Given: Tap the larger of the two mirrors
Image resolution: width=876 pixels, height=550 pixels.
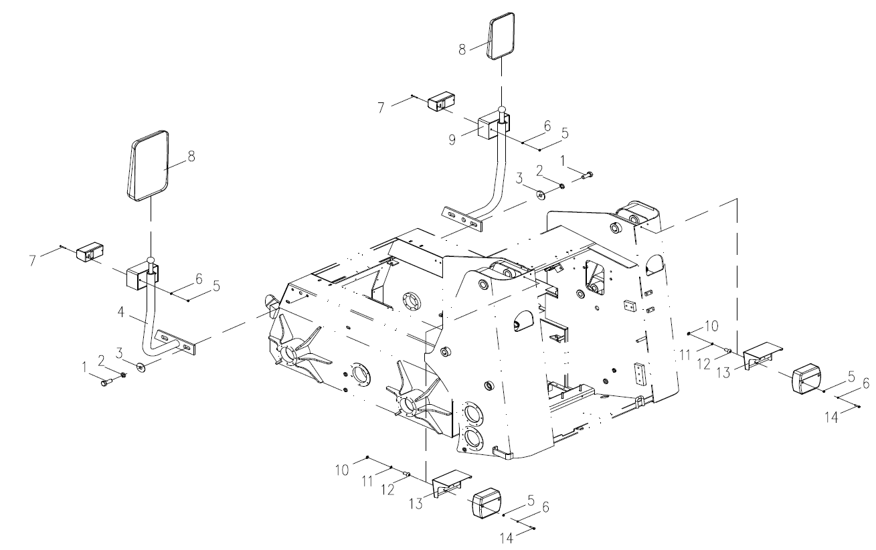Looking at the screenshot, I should pos(149,165).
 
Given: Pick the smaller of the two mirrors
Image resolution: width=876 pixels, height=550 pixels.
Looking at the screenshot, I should pos(501,37).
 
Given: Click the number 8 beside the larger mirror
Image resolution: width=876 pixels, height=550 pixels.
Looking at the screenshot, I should pos(191,157).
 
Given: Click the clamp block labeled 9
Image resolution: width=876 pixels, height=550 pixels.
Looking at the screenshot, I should pos(494,125).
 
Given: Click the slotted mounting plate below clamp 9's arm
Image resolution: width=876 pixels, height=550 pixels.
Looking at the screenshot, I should pos(462,219).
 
